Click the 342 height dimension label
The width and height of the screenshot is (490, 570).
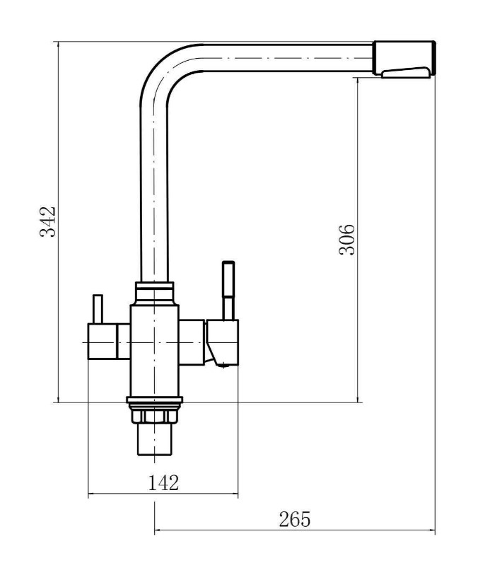[x=47, y=222]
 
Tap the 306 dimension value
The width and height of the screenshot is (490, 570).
[x=346, y=240]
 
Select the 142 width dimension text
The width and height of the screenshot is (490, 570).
[x=163, y=483]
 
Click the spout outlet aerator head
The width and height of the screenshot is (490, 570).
[x=404, y=58]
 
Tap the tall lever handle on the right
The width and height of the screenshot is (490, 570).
[x=228, y=290]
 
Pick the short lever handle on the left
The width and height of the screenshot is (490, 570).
[x=98, y=309]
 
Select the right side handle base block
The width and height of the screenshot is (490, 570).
[x=222, y=342]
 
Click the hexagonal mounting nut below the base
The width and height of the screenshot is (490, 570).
[x=154, y=417]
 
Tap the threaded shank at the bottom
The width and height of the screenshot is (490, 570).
[x=154, y=439]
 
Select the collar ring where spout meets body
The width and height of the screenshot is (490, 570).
[x=154, y=293]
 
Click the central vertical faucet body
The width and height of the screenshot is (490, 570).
[x=154, y=351]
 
